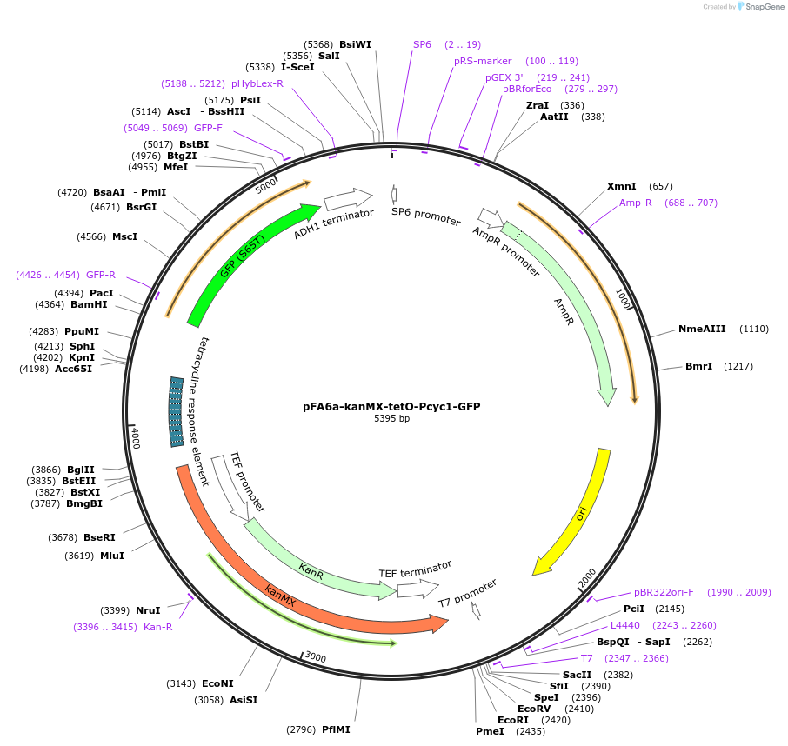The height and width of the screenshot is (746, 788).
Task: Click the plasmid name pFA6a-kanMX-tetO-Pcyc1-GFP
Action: (391, 406)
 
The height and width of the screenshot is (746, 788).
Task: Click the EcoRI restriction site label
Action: (513, 720)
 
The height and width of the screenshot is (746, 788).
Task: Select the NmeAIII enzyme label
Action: (702, 329)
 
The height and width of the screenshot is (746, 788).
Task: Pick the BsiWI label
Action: (355, 44)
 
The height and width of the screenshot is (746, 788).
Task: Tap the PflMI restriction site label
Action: (336, 729)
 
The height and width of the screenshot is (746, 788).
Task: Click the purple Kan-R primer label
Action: (157, 627)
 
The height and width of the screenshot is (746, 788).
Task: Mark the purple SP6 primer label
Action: (422, 44)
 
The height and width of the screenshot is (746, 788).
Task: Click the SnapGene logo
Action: (759, 7)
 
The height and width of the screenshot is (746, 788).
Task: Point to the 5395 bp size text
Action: (391, 419)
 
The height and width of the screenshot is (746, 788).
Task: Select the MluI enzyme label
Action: (112, 556)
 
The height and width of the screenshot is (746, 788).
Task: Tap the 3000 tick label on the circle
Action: (315, 658)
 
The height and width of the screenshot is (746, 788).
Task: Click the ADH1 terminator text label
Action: (333, 223)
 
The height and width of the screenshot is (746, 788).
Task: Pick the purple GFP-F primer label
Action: (208, 128)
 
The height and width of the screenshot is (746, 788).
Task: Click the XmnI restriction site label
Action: (621, 186)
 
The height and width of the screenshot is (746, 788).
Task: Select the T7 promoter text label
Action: (468, 592)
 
